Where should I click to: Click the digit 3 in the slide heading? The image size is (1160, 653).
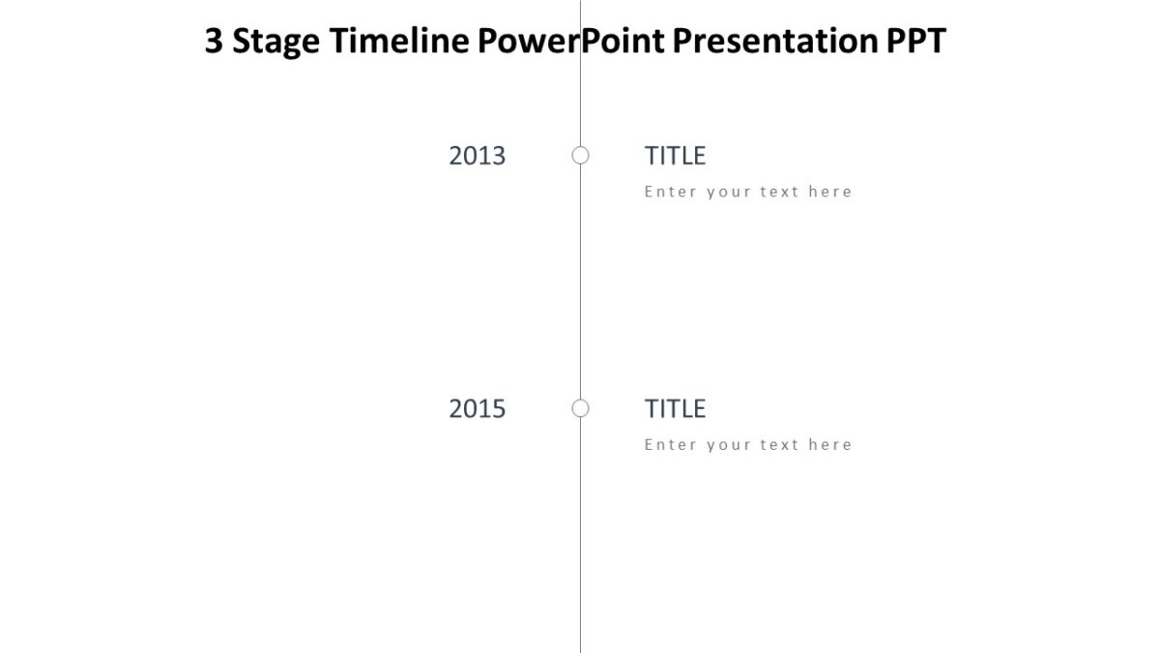[x=214, y=42]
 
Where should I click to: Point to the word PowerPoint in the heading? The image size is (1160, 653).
[x=570, y=42]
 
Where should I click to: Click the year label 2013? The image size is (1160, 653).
[x=477, y=156]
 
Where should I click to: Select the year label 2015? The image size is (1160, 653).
[x=477, y=409]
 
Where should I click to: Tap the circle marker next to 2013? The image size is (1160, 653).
[x=580, y=155]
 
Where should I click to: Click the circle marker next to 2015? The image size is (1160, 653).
[x=580, y=408]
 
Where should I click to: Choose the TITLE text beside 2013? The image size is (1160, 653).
[x=675, y=156]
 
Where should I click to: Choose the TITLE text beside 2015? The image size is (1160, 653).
[x=675, y=409]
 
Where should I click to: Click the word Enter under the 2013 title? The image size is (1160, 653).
[x=670, y=192]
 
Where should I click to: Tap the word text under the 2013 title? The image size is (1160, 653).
[x=779, y=192]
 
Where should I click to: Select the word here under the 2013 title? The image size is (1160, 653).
[x=830, y=192]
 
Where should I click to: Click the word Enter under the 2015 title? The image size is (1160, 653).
[x=670, y=445]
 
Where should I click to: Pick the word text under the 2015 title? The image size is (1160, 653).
[x=779, y=445]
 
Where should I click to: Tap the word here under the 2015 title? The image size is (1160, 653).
[x=830, y=445]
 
